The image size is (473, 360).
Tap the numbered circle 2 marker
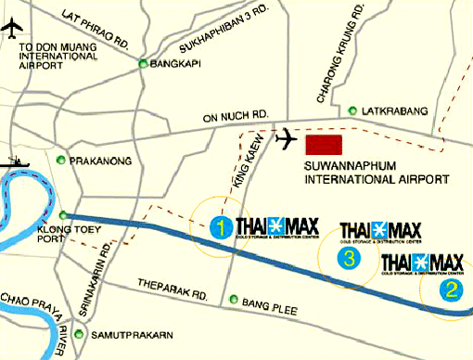(x=452, y=289)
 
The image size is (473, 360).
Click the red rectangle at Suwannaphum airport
(x=324, y=145)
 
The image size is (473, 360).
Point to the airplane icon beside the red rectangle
(x=288, y=139)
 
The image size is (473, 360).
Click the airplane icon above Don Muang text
(x=12, y=27)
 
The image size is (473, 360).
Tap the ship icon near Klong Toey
(x=18, y=161)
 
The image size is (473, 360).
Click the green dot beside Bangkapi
(x=143, y=64)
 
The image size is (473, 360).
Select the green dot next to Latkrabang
(x=352, y=110)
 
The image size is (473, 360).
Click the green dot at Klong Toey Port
(x=62, y=214)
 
